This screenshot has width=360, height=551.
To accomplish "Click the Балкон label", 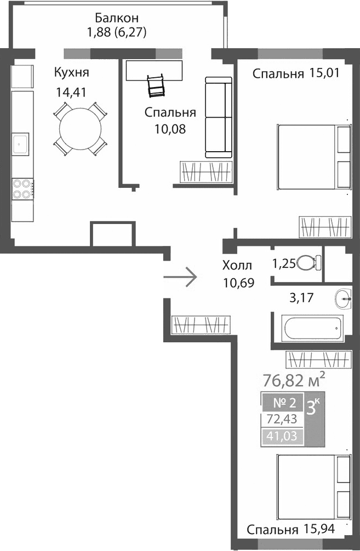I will [116, 18].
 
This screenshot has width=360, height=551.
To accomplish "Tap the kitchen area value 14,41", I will [71, 92].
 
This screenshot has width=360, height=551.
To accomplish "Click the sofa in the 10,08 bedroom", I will [218, 117].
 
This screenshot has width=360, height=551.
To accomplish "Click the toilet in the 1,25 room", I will [310, 263].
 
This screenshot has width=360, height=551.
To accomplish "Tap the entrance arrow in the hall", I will [181, 277].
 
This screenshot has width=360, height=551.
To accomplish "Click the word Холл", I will [237, 266].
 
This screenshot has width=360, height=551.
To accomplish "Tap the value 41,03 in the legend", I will [281, 437].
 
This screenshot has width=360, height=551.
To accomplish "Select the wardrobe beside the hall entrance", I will [199, 325].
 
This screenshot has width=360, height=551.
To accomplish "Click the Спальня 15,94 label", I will [290, 530].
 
